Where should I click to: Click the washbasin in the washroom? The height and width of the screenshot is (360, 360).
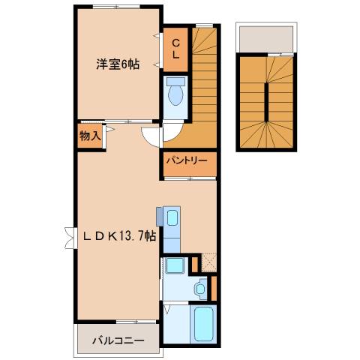pyautogui.click(x=200, y=287)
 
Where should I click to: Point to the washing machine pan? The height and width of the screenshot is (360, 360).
pyautogui.click(x=176, y=265)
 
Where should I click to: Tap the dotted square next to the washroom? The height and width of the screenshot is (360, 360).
pyautogui.click(x=208, y=262)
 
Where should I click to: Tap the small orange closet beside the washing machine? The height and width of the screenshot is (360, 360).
pyautogui.click(x=196, y=263)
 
